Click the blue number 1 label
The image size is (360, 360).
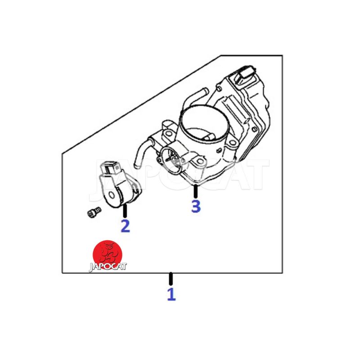(171, 294)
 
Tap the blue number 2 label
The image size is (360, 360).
(126, 226)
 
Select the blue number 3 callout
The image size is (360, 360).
(196, 206)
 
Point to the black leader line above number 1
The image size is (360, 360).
(171, 279)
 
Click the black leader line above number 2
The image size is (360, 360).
(125, 211)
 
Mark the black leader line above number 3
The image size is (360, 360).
(195, 192)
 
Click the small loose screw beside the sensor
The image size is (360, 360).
(94, 212)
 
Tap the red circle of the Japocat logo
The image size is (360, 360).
(108, 254)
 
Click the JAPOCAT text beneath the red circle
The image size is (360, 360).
(108, 266)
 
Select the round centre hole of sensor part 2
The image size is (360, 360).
(112, 195)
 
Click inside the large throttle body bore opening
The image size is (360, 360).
(202, 124)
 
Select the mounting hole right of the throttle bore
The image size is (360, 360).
(233, 143)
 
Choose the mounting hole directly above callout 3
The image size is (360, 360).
(199, 161)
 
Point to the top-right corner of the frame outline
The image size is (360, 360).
(282, 55)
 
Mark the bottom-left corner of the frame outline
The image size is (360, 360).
(63, 273)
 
